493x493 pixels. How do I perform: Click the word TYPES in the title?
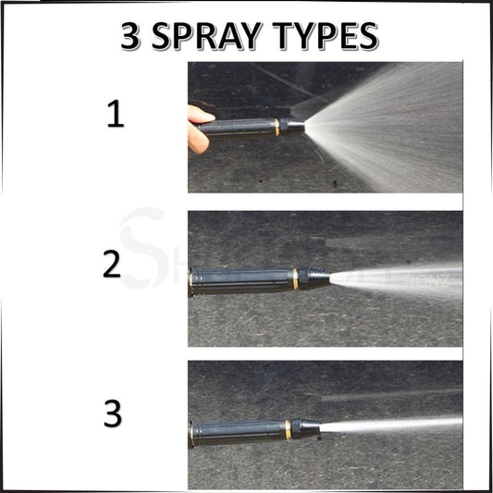tap(323, 36)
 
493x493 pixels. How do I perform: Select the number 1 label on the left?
tap(115, 116)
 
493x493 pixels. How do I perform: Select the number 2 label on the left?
tap(112, 265)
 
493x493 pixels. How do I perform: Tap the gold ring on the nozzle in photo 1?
tap(276, 127)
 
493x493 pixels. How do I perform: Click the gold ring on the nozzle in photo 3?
tap(288, 428)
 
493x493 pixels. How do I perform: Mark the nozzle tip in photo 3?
tap(310, 427)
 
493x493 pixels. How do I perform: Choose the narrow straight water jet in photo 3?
tap(388, 425)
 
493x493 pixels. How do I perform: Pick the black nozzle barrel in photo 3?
tap(236, 430)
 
